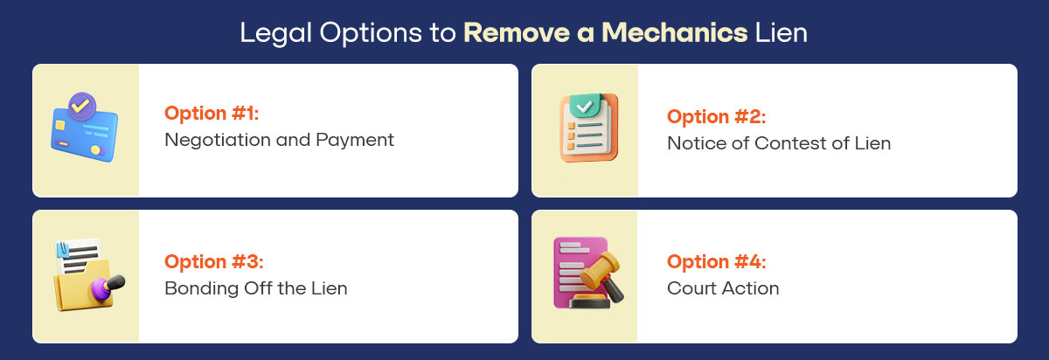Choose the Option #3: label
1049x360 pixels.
[213, 261]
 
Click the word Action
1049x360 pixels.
[750, 288]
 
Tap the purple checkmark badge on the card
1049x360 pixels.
[81, 105]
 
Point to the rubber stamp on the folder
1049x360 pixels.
[106, 285]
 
